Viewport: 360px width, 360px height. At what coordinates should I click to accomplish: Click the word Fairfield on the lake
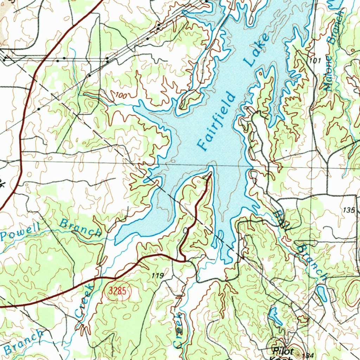pyautogui.click(x=216, y=121)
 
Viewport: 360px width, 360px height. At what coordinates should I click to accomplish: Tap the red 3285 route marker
pyautogui.click(x=117, y=291)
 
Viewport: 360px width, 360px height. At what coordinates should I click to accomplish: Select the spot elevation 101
pyautogui.click(x=315, y=61)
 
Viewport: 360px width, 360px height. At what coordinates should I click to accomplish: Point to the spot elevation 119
pyautogui.click(x=157, y=276)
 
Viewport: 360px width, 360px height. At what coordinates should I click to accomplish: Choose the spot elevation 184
pyautogui.click(x=307, y=356)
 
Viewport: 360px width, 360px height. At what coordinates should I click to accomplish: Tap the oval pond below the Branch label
pyautogui.click(x=322, y=294)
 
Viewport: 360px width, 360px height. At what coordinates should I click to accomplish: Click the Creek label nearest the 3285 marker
pyautogui.click(x=85, y=301)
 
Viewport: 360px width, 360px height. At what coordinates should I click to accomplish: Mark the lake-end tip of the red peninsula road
pyautogui.click(x=210, y=173)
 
